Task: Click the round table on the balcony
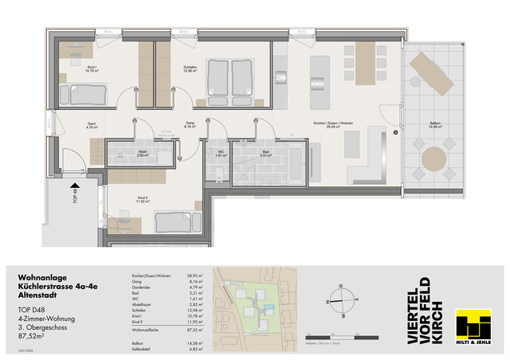click(435, 156)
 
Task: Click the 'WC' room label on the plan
click(222, 153)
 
